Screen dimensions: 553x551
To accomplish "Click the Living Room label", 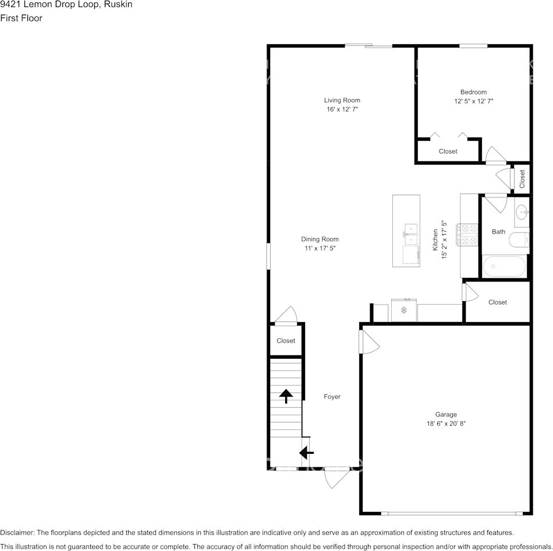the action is [342, 100].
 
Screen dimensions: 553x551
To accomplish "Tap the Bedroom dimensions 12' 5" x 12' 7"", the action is [473, 101].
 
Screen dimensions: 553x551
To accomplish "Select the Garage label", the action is [446, 414].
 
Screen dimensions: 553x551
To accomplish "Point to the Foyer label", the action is [332, 397].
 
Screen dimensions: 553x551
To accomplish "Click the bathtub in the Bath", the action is [504, 267].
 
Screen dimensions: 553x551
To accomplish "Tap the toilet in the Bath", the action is [519, 240].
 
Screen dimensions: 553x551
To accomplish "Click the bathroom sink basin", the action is [522, 213].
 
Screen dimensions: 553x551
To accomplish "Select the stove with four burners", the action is [467, 235].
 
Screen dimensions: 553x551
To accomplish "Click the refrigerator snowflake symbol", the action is [404, 310].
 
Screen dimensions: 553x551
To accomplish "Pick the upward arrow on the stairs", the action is [286, 396].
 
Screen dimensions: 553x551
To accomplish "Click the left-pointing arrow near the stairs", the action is [306, 452].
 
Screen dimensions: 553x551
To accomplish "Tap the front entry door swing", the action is [337, 478].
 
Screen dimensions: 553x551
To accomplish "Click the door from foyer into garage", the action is [369, 342].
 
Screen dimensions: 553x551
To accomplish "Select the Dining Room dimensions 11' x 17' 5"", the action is [320, 248].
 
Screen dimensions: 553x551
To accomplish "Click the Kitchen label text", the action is [435, 240].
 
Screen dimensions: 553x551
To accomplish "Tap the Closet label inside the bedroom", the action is [448, 151].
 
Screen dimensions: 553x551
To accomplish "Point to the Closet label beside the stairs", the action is [286, 341].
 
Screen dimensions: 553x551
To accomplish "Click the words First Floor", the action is [21, 18].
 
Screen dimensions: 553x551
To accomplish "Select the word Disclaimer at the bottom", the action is [17, 532].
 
